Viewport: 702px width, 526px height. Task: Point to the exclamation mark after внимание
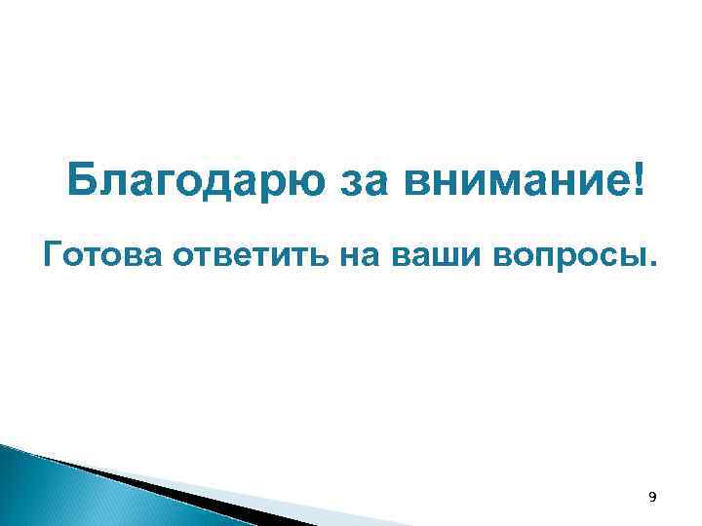click(639, 180)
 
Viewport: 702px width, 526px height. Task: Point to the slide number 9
click(652, 498)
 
